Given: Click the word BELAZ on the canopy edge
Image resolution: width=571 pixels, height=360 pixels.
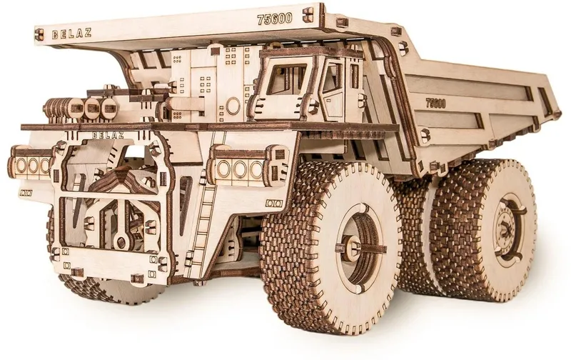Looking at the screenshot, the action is click(x=72, y=33).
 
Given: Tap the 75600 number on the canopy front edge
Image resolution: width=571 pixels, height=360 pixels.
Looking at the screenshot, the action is click(x=275, y=19).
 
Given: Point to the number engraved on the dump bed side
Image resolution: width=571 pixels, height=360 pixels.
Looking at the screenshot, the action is click(x=435, y=103).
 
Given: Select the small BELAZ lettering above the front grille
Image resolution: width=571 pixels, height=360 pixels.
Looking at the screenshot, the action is click(x=108, y=136).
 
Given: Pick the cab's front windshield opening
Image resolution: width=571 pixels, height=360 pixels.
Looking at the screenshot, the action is click(x=281, y=82).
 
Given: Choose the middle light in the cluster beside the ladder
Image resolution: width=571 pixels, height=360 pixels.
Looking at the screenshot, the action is click(x=239, y=168).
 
